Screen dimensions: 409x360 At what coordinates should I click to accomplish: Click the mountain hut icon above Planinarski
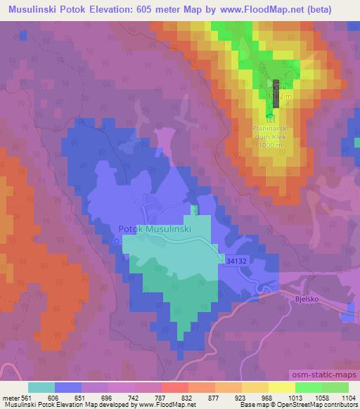[x=270, y=116]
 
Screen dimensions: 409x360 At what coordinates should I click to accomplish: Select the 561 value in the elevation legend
[x=27, y=396]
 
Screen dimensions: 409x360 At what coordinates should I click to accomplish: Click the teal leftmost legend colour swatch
[x=41, y=387]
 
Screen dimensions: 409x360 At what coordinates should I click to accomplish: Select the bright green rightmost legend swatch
[x=335, y=387]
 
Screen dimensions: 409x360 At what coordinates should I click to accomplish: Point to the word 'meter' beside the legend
[x=10, y=396]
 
